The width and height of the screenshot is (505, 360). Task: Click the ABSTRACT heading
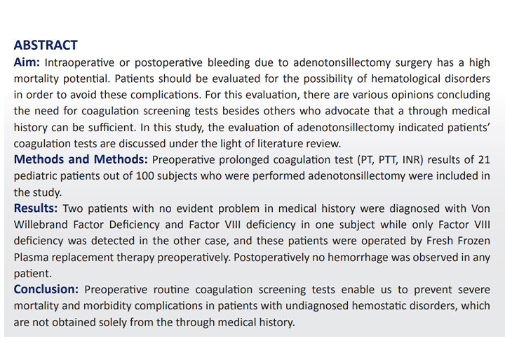(x=46, y=46)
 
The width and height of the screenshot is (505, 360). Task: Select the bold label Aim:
(x=28, y=62)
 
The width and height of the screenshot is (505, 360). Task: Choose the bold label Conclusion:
(x=46, y=289)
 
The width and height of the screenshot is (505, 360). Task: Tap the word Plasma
(x=32, y=257)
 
